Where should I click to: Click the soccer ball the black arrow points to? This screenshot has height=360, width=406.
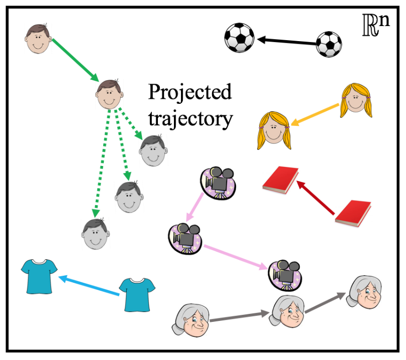point(239,38)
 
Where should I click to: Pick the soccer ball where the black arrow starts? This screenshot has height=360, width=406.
point(329,44)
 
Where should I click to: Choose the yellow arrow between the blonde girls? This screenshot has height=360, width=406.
point(316,115)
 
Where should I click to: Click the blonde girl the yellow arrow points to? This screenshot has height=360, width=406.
point(274,131)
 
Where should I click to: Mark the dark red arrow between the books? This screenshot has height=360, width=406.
point(316,200)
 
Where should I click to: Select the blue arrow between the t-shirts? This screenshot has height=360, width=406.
point(89,285)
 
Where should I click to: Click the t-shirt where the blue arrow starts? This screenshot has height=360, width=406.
point(137,293)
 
